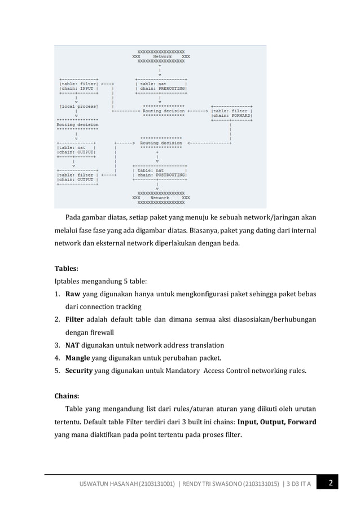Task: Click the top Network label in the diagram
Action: (161, 56)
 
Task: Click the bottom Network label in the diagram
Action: (161, 198)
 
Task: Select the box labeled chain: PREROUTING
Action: (161, 86)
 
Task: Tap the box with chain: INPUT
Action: (80, 86)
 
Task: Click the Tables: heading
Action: (66, 269)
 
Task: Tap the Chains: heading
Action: (67, 396)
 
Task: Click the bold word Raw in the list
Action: (73, 294)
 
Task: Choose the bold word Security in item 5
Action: (79, 371)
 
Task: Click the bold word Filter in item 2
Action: (75, 319)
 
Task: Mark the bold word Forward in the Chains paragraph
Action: (300, 422)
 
